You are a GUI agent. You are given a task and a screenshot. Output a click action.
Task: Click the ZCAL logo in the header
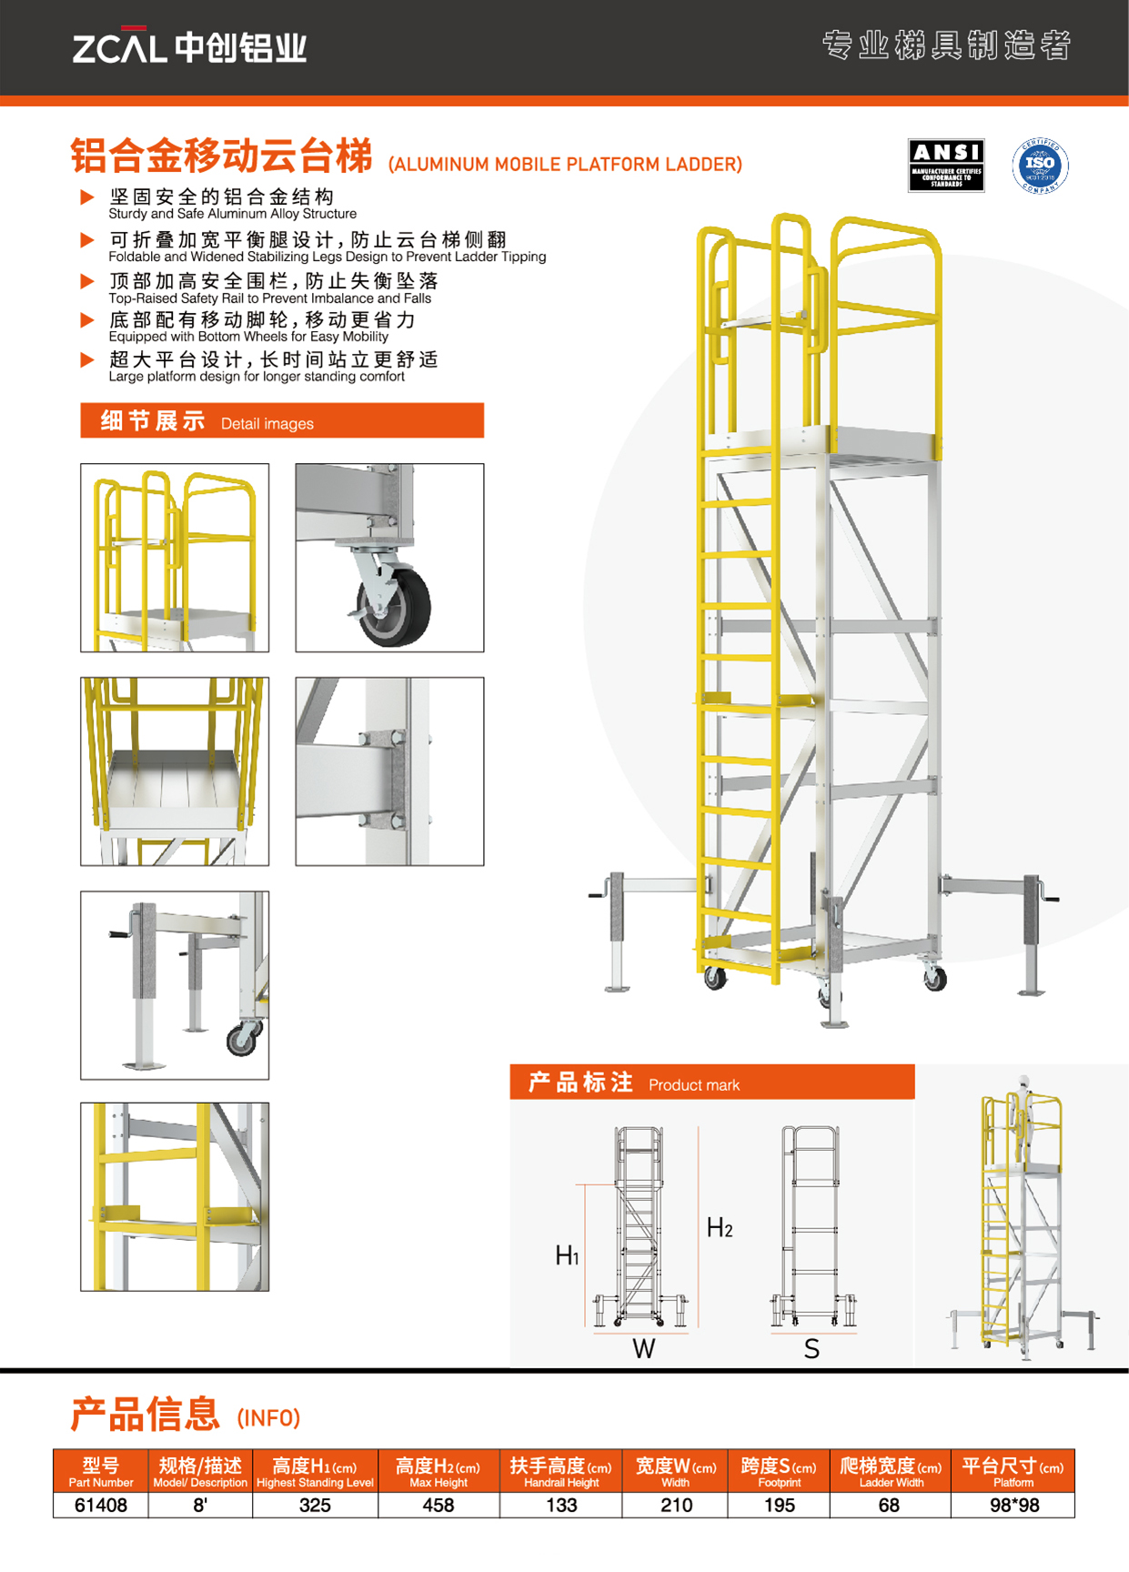[189, 46]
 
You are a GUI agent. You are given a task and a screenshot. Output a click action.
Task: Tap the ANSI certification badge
[945, 165]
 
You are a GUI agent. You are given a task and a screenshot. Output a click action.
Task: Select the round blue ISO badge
[1040, 166]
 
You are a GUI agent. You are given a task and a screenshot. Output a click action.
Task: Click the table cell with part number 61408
[100, 1505]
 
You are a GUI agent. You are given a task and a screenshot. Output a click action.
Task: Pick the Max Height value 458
[438, 1505]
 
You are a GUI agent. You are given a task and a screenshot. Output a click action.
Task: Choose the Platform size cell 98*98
[1013, 1505]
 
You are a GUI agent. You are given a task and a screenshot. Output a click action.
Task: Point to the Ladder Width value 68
[889, 1505]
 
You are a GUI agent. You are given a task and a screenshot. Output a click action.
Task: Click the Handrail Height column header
[560, 1471]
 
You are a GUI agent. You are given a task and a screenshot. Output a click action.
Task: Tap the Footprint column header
[779, 1471]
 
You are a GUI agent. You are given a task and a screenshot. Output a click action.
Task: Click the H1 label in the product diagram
[567, 1256]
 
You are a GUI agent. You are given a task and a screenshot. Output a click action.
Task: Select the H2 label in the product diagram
[719, 1228]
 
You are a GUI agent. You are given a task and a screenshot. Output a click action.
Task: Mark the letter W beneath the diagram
[643, 1349]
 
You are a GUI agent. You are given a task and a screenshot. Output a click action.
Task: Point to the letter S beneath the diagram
[811, 1349]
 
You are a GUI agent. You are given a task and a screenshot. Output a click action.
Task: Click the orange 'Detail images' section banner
[282, 421]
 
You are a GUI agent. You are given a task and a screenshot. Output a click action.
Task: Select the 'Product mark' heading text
[693, 1084]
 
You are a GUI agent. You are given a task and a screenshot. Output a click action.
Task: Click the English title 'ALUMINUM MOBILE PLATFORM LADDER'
[565, 165]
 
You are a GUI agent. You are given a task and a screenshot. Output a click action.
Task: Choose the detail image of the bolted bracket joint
[389, 771]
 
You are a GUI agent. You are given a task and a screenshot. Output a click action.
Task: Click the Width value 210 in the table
[676, 1505]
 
